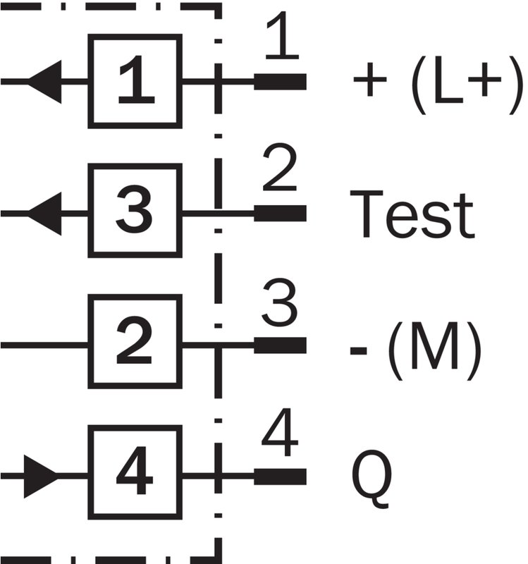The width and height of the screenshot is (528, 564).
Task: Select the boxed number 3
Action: point(135,211)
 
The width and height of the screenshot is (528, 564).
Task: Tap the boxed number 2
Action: point(135,342)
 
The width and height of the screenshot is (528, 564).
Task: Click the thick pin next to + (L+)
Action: point(280,82)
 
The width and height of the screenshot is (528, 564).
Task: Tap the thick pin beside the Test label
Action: point(280,214)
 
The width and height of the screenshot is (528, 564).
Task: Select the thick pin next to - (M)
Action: point(280,345)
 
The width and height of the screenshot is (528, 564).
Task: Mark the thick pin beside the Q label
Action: point(280,477)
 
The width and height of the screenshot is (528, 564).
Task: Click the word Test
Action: point(412,214)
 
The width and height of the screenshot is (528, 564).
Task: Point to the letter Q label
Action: point(372,479)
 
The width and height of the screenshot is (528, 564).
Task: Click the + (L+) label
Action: point(438,85)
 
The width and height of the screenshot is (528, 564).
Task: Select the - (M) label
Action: point(416,351)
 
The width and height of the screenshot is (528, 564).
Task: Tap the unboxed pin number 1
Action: point(283,35)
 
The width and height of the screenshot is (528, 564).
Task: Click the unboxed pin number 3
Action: point(280,302)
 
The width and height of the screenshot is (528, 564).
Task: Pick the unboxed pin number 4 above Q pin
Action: point(280,432)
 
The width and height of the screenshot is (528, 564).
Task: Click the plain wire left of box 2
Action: point(44,345)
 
